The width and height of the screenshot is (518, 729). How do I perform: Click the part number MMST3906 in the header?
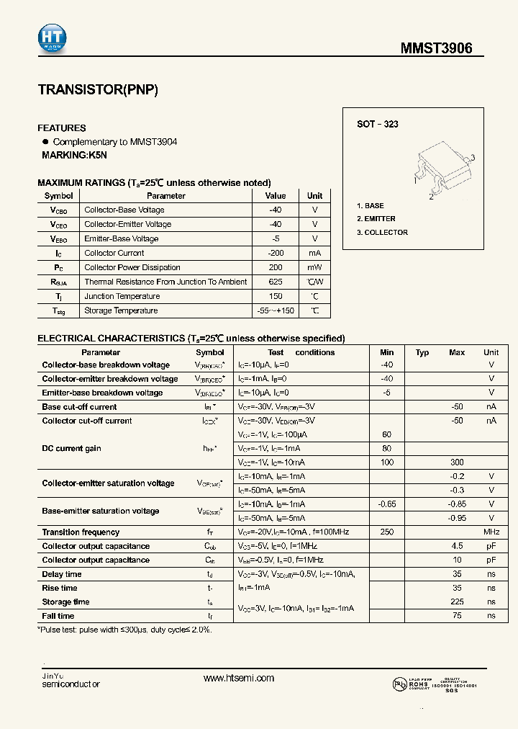[x=437, y=49]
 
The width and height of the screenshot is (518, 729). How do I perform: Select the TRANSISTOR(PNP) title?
[x=97, y=91]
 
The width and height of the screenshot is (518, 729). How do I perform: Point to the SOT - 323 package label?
[x=378, y=124]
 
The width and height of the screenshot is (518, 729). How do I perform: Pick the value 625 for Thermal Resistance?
[x=276, y=282]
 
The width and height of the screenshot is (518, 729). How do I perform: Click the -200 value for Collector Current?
[x=276, y=253]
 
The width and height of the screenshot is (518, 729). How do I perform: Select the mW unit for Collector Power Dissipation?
[x=314, y=267]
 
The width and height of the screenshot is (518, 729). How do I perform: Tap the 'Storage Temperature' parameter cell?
[x=121, y=310]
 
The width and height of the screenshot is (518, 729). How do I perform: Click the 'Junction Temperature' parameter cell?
[x=122, y=296]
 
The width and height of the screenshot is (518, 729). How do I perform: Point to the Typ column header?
[x=422, y=352]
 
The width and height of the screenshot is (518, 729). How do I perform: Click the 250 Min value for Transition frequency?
[x=387, y=532]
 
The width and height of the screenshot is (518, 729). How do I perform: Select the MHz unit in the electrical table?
[x=491, y=532]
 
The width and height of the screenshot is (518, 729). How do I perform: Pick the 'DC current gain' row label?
[x=71, y=449]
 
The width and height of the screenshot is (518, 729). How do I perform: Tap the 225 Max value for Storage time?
[x=457, y=602]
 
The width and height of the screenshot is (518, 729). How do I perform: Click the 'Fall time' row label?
[x=58, y=616]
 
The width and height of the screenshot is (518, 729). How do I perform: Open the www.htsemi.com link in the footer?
[x=239, y=679]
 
